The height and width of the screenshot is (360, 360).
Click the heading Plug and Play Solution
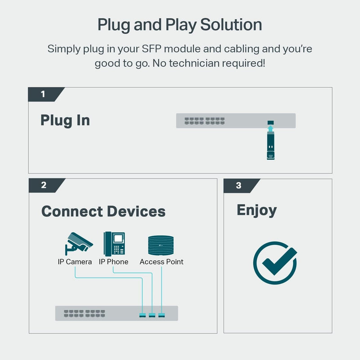[180, 25]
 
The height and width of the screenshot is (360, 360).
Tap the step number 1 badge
[43, 94]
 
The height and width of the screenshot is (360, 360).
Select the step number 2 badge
[44, 185]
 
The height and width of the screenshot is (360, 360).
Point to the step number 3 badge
[238, 185]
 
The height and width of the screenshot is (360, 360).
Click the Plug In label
[65, 120]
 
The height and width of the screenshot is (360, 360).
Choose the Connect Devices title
[103, 211]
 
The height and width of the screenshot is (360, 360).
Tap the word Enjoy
[256, 210]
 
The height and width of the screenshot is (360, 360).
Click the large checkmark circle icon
[275, 263]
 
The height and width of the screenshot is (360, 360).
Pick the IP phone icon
[114, 243]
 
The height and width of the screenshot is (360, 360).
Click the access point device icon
[161, 246]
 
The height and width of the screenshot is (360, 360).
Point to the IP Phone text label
[113, 262]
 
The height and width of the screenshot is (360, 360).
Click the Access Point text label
[162, 262]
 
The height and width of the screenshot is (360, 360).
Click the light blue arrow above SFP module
[270, 130]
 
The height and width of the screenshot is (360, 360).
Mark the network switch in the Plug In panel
[235, 121]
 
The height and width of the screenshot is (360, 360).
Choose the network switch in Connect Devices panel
[116, 313]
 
